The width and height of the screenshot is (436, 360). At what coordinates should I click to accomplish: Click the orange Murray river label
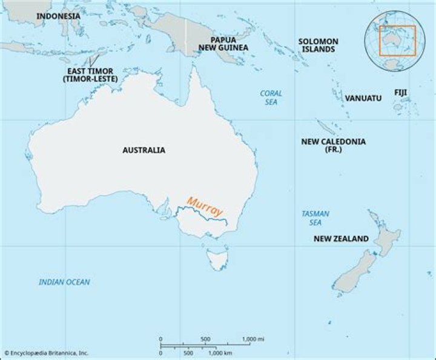coord(205,206)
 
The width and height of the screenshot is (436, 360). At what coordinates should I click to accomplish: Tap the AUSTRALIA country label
coord(144,150)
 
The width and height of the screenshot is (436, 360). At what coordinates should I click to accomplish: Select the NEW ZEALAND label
coord(340,239)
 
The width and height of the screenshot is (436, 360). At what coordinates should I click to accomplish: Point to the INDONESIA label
coord(58,16)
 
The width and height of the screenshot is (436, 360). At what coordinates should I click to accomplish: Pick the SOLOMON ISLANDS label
coord(318,45)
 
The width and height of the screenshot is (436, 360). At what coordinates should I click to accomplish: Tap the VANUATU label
coord(363,98)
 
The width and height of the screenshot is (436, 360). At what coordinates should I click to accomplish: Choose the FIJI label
coord(400,92)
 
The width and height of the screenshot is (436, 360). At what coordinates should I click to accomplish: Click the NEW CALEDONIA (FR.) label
coord(333,145)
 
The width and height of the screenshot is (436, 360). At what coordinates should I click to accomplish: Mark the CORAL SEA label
coord(271,98)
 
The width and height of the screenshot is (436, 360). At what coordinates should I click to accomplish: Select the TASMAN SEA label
coord(315,218)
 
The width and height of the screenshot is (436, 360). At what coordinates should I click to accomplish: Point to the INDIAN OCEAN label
coord(64,282)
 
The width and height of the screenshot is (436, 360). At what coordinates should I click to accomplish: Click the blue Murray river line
coord(200,213)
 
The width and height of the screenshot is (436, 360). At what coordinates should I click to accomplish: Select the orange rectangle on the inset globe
coord(397,41)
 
